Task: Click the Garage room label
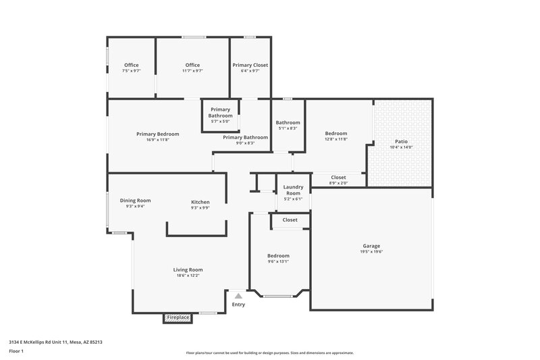coord(371,246)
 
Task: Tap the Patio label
coord(401,141)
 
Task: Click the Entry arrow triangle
coord(238,295)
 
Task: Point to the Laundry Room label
coord(292,190)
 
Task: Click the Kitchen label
coord(200,202)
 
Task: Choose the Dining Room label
coord(135,201)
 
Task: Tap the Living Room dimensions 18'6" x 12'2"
coord(187,276)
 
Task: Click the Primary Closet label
coord(250,65)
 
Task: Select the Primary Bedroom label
coord(157,134)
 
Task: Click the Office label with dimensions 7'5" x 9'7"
coord(131,65)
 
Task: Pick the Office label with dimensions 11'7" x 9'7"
coord(192,65)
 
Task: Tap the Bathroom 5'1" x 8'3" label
coord(288,123)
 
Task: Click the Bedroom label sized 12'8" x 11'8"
coord(335,133)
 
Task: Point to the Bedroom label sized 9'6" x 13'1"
coord(278,256)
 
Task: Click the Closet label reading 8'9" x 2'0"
coord(338,178)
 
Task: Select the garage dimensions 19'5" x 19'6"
coord(371,252)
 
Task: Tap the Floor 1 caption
coord(17,352)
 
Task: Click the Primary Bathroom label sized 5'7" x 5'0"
coord(221,112)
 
